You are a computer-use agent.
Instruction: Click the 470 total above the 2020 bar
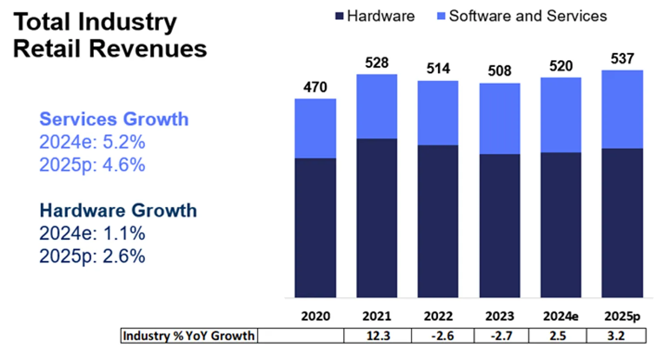coord(315,88)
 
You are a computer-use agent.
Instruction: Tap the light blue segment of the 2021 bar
coord(377,106)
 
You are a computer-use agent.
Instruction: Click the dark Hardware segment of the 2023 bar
coord(500,226)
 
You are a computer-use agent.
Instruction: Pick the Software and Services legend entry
coord(523,17)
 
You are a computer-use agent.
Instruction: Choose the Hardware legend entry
coord(376,17)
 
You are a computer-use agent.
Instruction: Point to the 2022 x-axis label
coord(438,316)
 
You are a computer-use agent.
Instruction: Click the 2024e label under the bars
coord(561,316)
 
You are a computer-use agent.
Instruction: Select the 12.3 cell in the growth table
coord(377,336)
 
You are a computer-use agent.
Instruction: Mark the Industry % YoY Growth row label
coord(189,336)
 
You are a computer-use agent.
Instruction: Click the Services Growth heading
coord(114,119)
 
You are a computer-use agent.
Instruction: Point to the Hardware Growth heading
coord(118,210)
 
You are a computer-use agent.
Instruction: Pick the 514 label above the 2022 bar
coord(438,69)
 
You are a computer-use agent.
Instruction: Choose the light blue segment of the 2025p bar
coord(622,109)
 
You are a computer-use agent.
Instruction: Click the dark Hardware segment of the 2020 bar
coord(315,228)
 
